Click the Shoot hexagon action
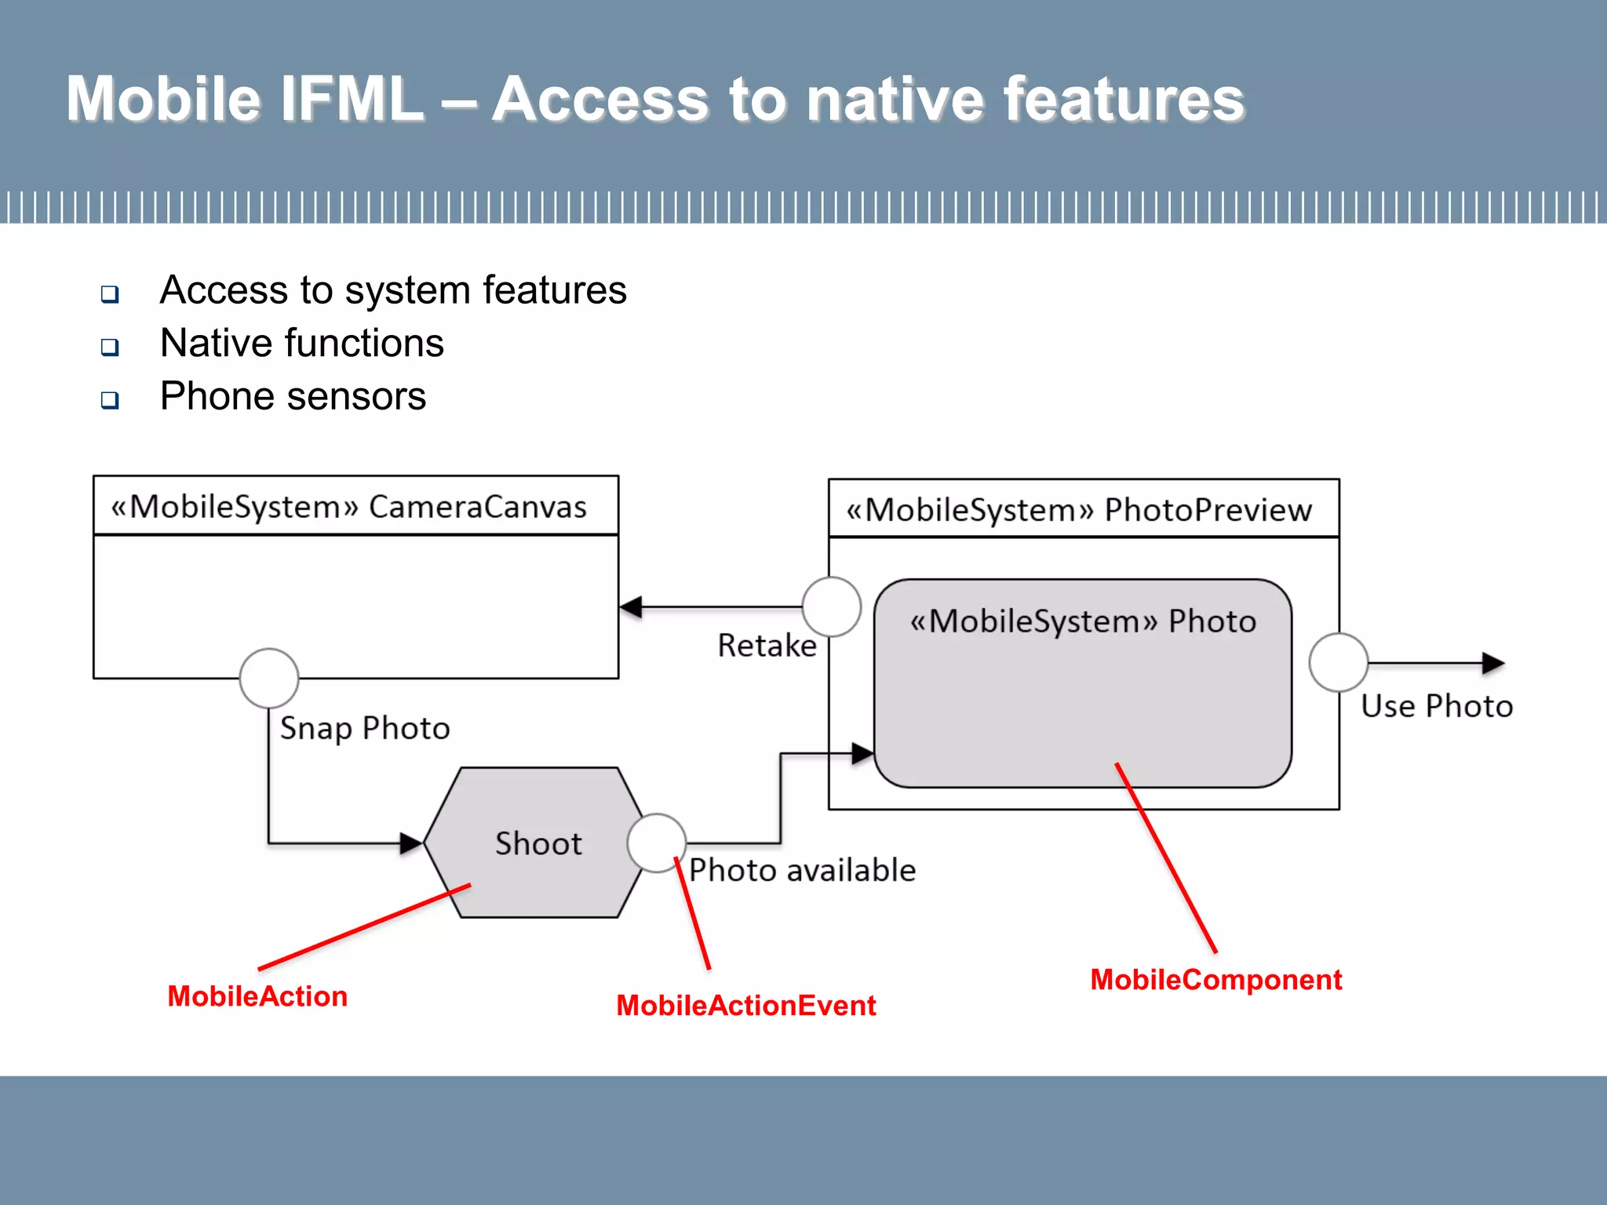coord(538,843)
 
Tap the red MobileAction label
coord(257,996)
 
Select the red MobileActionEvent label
coord(745,1006)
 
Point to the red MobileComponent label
coord(1215,980)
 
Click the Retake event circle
coord(832,607)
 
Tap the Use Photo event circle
coord(1339,663)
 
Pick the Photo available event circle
coord(657,843)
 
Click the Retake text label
coord(767,646)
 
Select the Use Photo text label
coord(1436,706)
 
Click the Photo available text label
coord(802,871)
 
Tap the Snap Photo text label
coord(365,729)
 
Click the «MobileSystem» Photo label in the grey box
coord(1083,621)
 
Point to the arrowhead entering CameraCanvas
coord(631,607)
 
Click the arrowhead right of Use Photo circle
coord(1492,664)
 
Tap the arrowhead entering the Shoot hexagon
coord(411,843)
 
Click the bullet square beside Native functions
coord(110,347)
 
